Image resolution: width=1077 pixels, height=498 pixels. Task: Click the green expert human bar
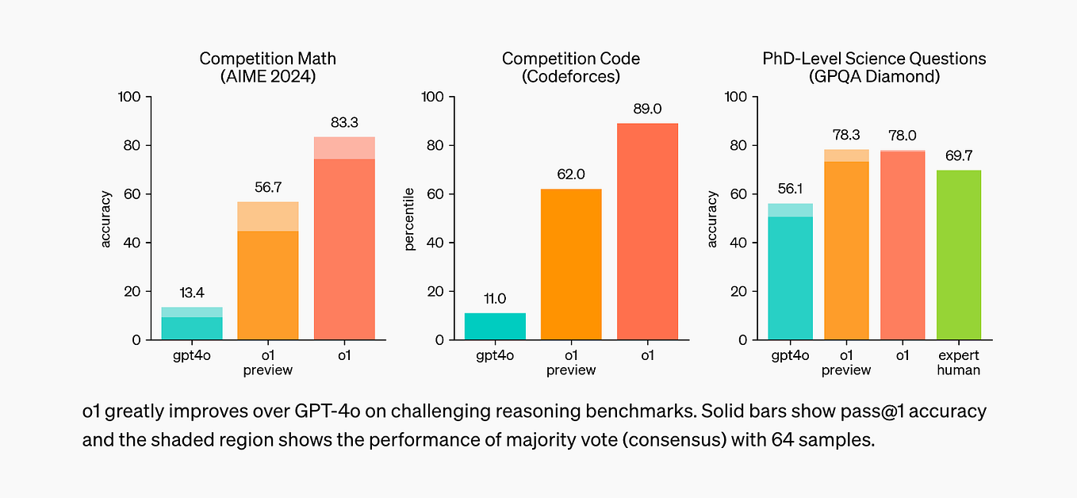tap(958, 255)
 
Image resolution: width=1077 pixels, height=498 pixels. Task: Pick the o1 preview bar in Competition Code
tap(571, 264)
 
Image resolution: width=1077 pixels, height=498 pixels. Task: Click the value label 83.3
tap(344, 123)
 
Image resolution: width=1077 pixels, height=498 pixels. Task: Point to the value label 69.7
tap(958, 156)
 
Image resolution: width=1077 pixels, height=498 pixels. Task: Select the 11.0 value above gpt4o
tap(495, 299)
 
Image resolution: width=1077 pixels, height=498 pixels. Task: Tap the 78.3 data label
tap(846, 136)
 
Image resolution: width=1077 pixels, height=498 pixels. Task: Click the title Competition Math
tap(268, 59)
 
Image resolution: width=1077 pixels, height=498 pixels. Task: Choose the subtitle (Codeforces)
tap(571, 77)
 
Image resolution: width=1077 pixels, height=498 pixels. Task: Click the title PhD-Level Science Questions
tap(874, 59)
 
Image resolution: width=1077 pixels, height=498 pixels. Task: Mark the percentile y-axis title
tap(410, 219)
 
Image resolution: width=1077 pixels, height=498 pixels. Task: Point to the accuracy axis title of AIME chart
tap(106, 219)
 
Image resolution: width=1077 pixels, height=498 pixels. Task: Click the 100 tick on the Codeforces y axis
tap(433, 97)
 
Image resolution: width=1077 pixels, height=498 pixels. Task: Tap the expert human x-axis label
tap(958, 363)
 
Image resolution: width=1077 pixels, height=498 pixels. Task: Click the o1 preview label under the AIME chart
tap(268, 363)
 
